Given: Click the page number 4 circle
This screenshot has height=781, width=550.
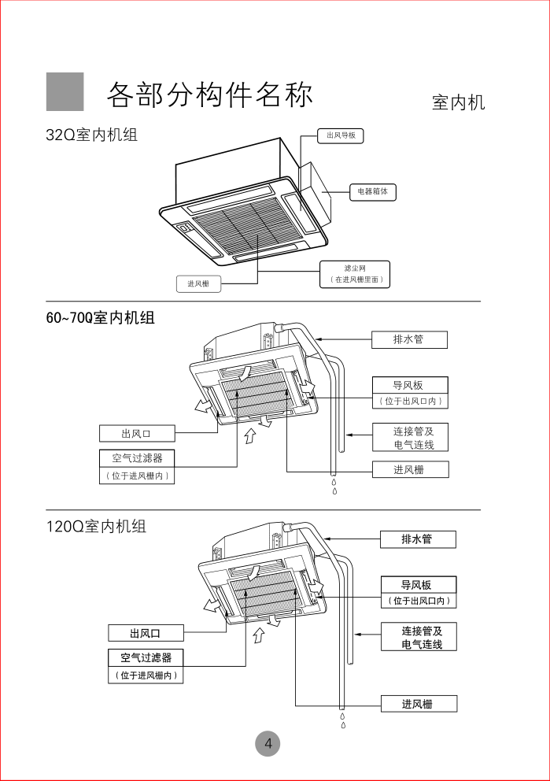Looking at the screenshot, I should pyautogui.click(x=268, y=743).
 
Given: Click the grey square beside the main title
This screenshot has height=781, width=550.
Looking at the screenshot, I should pyautogui.click(x=65, y=92).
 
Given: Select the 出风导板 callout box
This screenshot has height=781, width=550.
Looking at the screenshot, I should pyautogui.click(x=340, y=136).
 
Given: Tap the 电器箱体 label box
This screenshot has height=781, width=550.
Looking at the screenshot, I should pyautogui.click(x=373, y=191).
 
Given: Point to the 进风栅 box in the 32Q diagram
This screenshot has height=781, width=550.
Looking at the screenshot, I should pyautogui.click(x=198, y=283).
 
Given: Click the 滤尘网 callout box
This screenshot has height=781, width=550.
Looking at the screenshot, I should pyautogui.click(x=355, y=274).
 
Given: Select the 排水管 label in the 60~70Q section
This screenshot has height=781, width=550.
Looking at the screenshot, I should pyautogui.click(x=409, y=340).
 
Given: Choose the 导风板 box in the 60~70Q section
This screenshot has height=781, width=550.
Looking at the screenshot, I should pyautogui.click(x=409, y=385).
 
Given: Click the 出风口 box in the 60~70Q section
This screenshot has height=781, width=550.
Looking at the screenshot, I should pyautogui.click(x=136, y=433).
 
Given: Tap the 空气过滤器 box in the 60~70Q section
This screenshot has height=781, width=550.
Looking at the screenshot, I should pyautogui.click(x=136, y=458).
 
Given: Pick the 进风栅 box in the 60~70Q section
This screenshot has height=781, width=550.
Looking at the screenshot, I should pyautogui.click(x=409, y=469).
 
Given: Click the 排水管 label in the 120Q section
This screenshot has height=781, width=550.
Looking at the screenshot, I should pyautogui.click(x=417, y=539).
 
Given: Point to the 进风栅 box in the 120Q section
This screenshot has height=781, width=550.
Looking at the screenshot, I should pyautogui.click(x=417, y=704).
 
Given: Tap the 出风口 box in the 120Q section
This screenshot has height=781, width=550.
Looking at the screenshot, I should pyautogui.click(x=146, y=633).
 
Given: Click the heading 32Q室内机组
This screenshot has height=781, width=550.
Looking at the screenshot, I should pyautogui.click(x=91, y=135).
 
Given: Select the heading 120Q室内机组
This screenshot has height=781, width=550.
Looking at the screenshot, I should pyautogui.click(x=96, y=526).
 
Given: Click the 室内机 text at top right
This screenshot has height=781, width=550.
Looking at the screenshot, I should pyautogui.click(x=458, y=102).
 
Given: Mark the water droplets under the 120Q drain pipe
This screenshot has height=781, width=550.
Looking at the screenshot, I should pyautogui.click(x=343, y=720).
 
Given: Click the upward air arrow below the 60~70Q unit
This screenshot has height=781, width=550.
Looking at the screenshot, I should pyautogui.click(x=249, y=435).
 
